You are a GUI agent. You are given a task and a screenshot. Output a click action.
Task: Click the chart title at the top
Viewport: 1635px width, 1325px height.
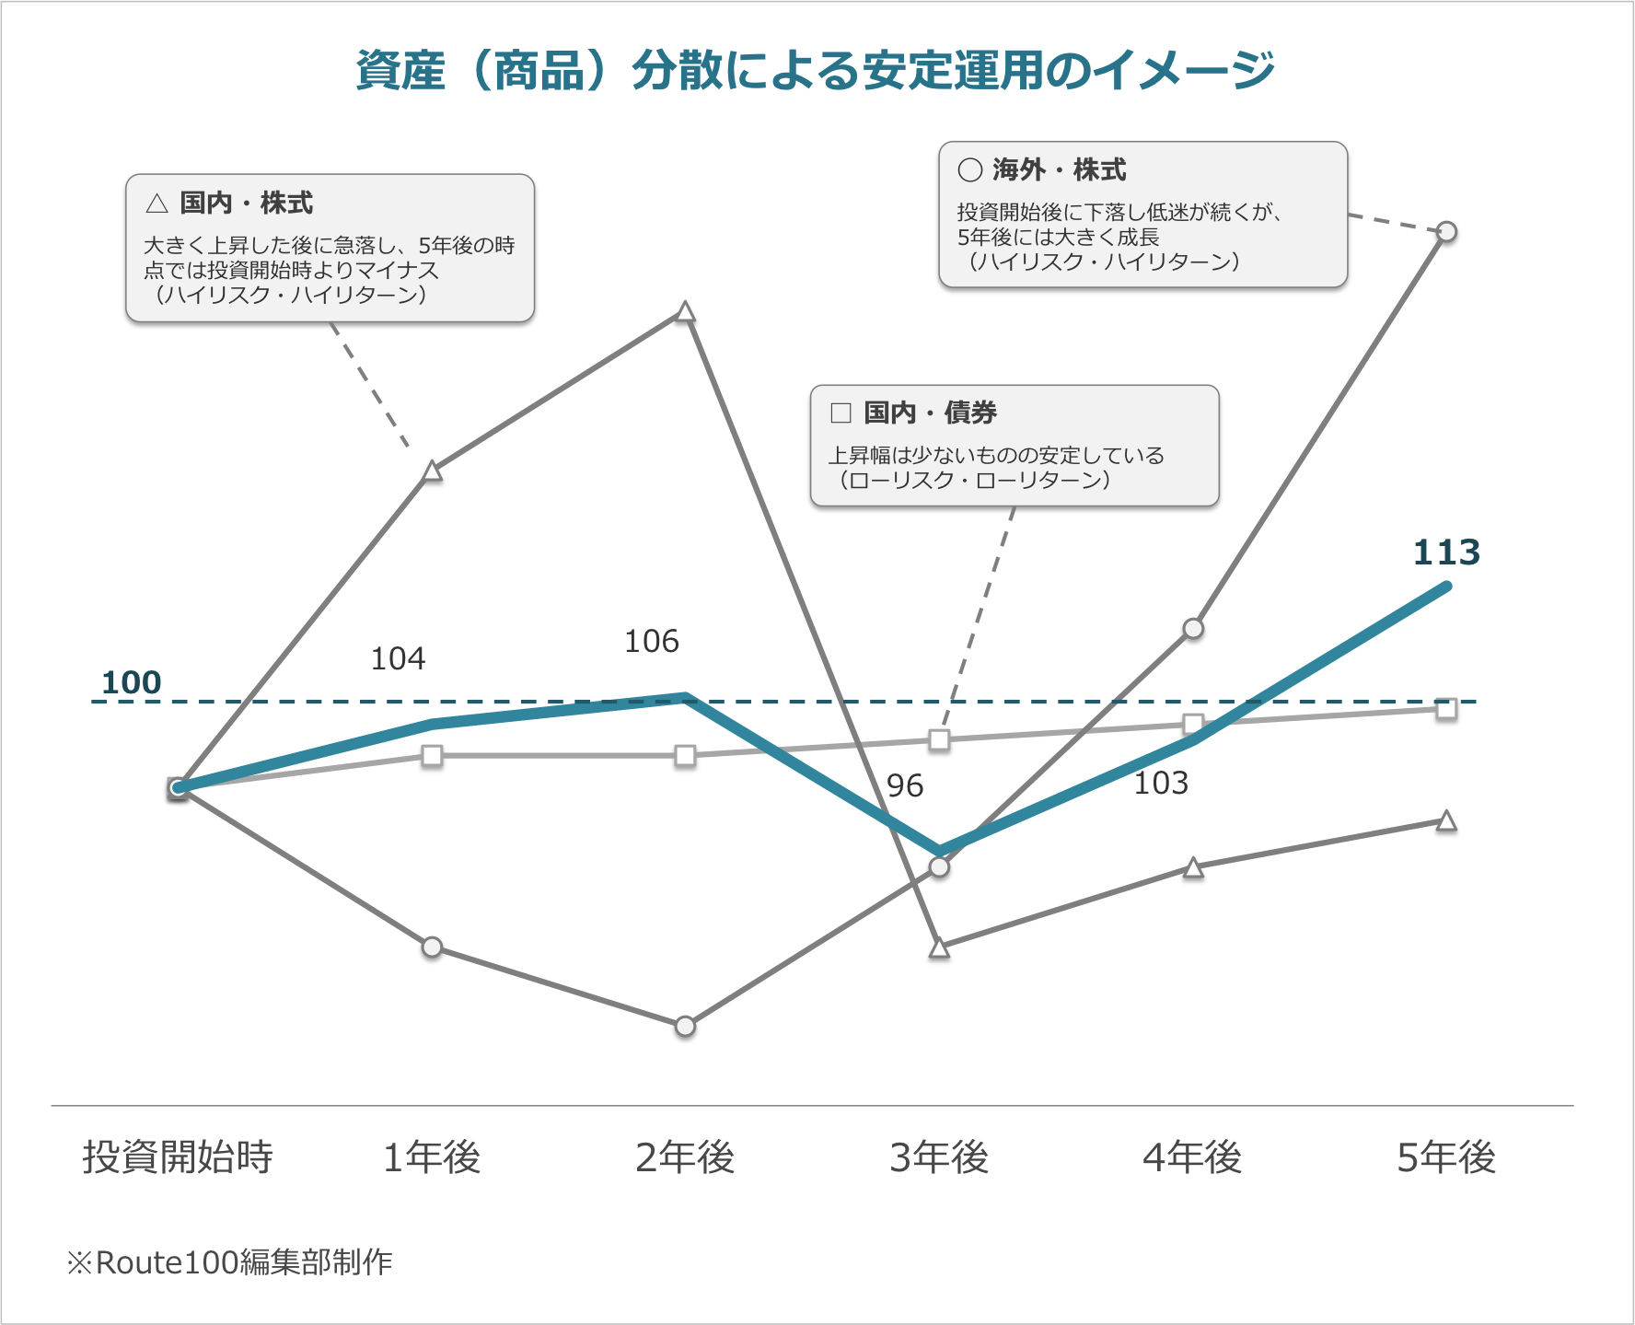[x=816, y=71]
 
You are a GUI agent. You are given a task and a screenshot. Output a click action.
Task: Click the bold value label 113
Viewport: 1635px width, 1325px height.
[x=1446, y=552]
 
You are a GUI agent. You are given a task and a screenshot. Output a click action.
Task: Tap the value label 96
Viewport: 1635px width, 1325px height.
[x=904, y=786]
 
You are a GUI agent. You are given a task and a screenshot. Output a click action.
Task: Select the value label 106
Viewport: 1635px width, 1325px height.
[x=652, y=642]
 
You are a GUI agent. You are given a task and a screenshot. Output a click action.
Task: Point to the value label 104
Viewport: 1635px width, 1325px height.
[x=398, y=659]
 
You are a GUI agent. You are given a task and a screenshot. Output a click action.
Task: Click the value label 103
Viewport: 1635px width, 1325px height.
[x=1161, y=784]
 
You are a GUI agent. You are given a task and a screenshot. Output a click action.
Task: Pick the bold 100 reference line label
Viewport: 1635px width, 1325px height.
[x=132, y=683]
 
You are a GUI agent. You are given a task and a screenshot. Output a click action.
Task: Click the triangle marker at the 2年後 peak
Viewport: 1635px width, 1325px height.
[x=685, y=312]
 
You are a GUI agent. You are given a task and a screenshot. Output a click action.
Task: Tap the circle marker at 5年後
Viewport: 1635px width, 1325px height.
[x=1446, y=232]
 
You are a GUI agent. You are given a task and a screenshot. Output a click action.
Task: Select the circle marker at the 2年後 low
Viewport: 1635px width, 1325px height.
[x=685, y=1026]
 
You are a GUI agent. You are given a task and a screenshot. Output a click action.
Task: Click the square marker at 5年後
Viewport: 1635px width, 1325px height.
[x=1446, y=709]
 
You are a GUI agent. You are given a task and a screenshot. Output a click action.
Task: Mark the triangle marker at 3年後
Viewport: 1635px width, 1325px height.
[x=939, y=948]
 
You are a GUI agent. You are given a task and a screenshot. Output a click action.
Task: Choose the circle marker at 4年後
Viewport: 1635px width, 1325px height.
[x=1193, y=629]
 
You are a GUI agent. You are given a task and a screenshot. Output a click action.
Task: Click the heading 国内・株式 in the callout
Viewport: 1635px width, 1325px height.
[x=246, y=203]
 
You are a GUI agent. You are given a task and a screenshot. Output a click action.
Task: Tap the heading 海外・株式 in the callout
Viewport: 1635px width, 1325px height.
[x=1059, y=170]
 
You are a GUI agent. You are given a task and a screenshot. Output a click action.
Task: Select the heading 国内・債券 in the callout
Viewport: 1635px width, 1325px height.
[x=930, y=413]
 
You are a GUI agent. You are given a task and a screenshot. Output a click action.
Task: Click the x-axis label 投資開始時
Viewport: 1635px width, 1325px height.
[x=178, y=1157]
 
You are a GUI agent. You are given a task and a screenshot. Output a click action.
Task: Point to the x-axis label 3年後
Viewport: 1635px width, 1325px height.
[x=939, y=1157]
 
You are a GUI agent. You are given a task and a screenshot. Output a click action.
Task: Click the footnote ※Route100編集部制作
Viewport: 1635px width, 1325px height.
[x=230, y=1262]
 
